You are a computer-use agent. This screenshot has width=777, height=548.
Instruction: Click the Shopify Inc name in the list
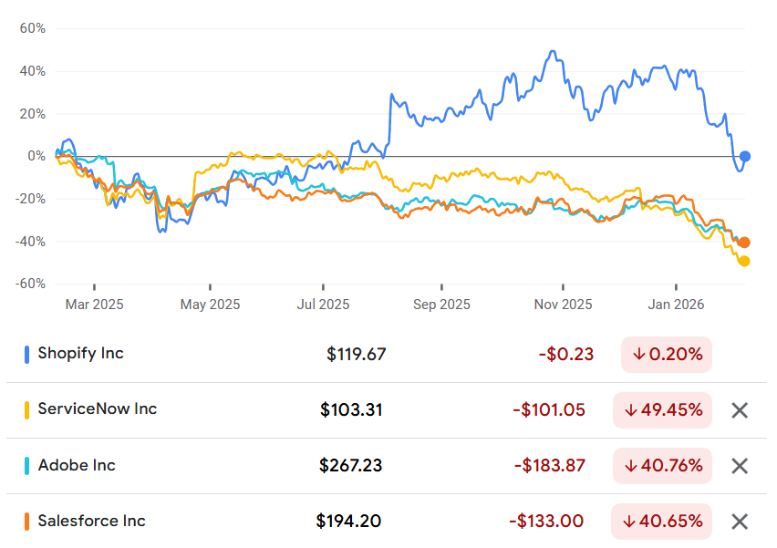pos(80,353)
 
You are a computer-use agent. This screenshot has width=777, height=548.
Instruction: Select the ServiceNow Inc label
pos(97,408)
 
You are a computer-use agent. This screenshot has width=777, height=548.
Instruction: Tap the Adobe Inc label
pos(77,465)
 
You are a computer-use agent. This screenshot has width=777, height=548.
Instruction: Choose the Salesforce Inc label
pos(92,521)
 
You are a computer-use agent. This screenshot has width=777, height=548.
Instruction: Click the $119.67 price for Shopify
pos(356,355)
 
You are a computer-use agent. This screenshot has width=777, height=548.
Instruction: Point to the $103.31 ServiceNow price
pos(351,409)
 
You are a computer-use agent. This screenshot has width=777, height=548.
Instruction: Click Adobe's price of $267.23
pos(350,465)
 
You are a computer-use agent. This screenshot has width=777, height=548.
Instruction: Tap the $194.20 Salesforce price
pos(348,521)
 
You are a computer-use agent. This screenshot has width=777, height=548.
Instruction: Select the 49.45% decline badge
pos(662,410)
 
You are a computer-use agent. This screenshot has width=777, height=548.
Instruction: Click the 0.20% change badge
pos(667,355)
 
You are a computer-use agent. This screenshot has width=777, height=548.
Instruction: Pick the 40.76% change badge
pos(662,466)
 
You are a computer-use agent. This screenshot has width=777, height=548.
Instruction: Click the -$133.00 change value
pos(546,522)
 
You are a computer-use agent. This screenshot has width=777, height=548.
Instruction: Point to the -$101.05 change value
pos(549,410)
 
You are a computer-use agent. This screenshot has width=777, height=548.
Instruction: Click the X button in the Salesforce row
pos(740,522)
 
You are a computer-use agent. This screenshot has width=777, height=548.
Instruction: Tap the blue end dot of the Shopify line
pos(744,157)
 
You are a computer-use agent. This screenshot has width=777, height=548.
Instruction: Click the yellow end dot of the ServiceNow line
pos(744,261)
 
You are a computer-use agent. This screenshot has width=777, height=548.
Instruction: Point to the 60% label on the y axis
pos(33,28)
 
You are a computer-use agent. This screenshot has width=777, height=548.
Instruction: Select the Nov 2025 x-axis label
pos(563,305)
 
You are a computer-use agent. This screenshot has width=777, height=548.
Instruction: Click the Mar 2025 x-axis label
pos(94,305)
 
